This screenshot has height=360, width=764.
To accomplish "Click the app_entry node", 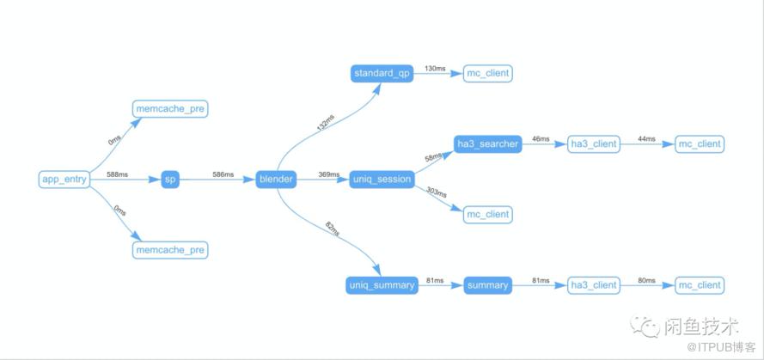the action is click(x=64, y=180).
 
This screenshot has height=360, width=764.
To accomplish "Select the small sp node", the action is click(x=170, y=180).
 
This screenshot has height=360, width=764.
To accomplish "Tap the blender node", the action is click(x=276, y=180).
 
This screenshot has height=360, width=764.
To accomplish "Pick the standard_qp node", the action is click(x=382, y=74).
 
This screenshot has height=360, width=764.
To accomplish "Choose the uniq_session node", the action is click(x=382, y=180).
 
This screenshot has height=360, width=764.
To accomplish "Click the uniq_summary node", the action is click(x=382, y=285).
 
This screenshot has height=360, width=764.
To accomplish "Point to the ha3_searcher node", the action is click(x=488, y=144).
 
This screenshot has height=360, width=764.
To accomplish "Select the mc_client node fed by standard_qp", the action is click(x=488, y=74).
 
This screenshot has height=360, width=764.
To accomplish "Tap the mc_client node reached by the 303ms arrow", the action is click(x=488, y=214).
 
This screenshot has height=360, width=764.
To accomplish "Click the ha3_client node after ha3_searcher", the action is click(x=594, y=144).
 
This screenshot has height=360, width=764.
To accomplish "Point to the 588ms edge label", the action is click(x=118, y=174).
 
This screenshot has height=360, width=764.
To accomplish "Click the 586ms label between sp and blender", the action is click(x=223, y=174).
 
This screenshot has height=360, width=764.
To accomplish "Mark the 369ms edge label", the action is click(x=329, y=174).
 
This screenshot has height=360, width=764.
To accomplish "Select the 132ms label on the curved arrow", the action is click(x=326, y=123).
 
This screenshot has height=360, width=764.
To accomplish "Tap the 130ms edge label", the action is click(x=435, y=69).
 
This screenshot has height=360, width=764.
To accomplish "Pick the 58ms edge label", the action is click(x=433, y=157).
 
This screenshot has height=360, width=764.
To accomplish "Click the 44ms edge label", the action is click(x=646, y=139).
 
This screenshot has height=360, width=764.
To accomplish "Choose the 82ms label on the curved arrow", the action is click(x=332, y=229).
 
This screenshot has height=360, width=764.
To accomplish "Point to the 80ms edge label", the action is click(x=646, y=280).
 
